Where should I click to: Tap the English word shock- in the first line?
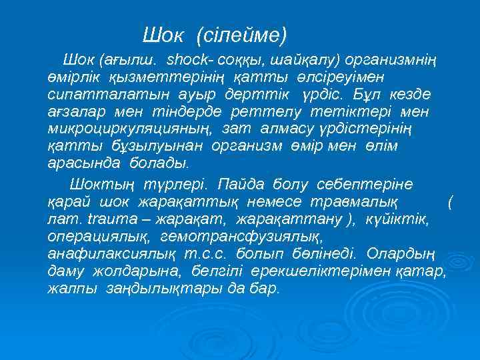[x=190, y=61]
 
